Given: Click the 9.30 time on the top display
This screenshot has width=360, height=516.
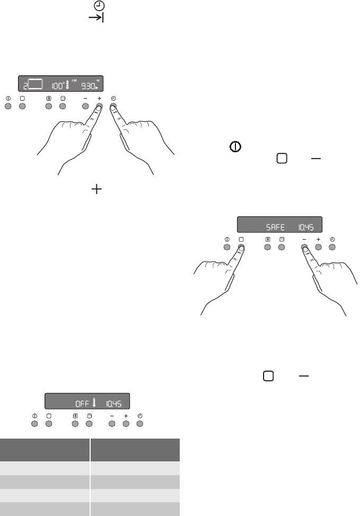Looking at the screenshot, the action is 88,86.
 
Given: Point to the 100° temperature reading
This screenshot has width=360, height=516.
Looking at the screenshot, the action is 58,86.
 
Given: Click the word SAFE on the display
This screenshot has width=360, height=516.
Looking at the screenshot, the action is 275,227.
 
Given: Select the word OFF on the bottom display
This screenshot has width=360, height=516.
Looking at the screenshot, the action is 82,404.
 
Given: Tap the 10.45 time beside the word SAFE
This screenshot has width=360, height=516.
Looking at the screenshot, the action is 306,227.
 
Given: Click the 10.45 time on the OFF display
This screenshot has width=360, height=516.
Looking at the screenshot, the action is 114,404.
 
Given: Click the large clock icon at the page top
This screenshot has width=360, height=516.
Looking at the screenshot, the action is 99,6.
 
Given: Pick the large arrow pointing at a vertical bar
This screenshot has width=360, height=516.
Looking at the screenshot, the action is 96,18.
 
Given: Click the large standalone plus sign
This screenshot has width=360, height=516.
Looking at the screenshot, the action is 96,189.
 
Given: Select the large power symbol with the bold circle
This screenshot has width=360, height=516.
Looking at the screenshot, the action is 235,147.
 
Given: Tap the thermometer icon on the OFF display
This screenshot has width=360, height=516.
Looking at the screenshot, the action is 94,403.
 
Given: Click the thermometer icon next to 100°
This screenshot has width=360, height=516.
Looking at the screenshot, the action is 68,85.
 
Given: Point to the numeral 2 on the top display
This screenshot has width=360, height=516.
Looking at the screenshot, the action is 25,87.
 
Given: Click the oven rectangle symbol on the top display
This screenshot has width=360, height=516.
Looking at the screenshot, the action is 36,84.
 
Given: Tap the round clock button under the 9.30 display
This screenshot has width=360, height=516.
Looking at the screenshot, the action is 113,106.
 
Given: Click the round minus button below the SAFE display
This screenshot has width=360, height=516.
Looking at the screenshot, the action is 304,247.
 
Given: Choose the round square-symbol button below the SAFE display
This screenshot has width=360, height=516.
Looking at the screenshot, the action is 241,247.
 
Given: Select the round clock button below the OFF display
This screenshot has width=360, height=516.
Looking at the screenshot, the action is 140,424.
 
